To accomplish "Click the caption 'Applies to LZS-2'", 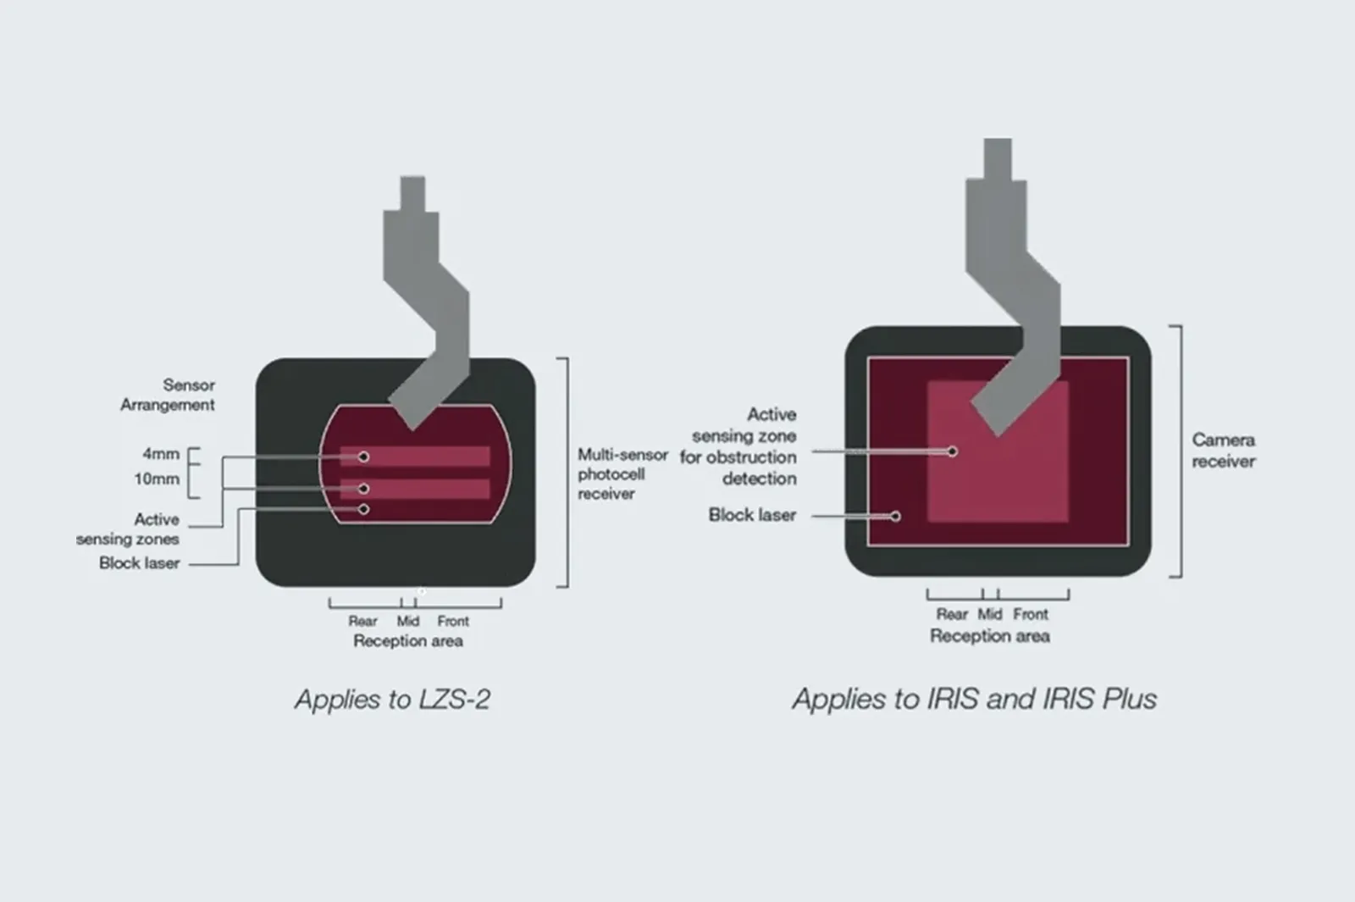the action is click(x=392, y=700).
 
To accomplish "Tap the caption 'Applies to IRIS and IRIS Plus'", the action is click(x=975, y=700).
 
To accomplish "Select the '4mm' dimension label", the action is click(x=161, y=454).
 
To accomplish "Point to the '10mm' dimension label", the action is click(x=157, y=479).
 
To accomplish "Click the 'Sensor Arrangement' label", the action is click(x=168, y=395).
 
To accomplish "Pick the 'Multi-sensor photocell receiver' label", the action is click(x=622, y=474).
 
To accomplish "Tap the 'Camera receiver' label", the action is click(x=1223, y=451).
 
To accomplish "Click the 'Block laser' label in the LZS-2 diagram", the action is click(x=139, y=563).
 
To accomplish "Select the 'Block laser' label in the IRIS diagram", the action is click(x=752, y=515).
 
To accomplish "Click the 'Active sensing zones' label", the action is click(x=128, y=529).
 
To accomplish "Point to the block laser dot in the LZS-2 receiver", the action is click(x=363, y=509).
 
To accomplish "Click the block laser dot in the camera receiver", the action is click(x=894, y=516).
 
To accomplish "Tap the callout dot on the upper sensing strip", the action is click(x=363, y=457).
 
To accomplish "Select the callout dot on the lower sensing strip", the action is click(x=363, y=488).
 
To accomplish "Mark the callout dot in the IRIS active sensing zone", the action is click(x=952, y=451).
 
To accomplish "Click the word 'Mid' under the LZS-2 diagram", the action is click(x=407, y=622).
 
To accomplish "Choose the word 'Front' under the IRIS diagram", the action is click(x=1031, y=615).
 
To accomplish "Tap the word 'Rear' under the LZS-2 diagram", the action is click(x=362, y=622).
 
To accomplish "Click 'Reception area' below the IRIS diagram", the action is click(x=990, y=636).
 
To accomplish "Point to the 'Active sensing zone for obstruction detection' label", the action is click(x=738, y=446).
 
